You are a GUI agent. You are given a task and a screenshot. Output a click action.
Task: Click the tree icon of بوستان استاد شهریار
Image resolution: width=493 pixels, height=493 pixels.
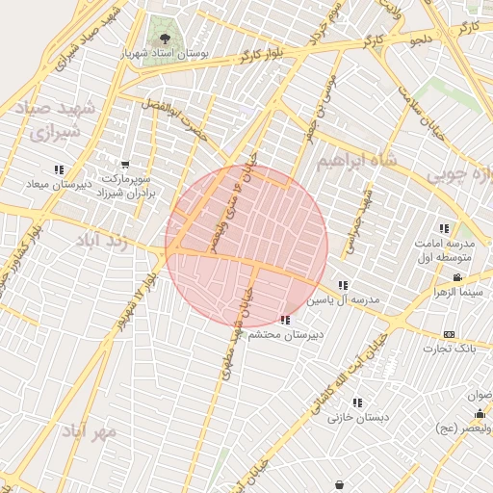(x=165, y=39)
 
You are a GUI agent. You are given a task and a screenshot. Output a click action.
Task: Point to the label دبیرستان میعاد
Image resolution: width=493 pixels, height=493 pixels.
(x=61, y=183)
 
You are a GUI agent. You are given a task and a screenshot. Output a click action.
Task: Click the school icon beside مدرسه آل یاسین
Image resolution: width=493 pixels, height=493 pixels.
(x=344, y=285)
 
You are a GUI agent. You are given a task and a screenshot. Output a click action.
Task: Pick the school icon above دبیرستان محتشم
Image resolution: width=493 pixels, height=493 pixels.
(x=284, y=320)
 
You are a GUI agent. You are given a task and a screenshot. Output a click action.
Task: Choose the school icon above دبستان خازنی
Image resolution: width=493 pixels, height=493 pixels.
(x=357, y=402)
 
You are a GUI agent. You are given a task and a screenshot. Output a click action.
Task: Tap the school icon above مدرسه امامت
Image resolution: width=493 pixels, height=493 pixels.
(x=444, y=228)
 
